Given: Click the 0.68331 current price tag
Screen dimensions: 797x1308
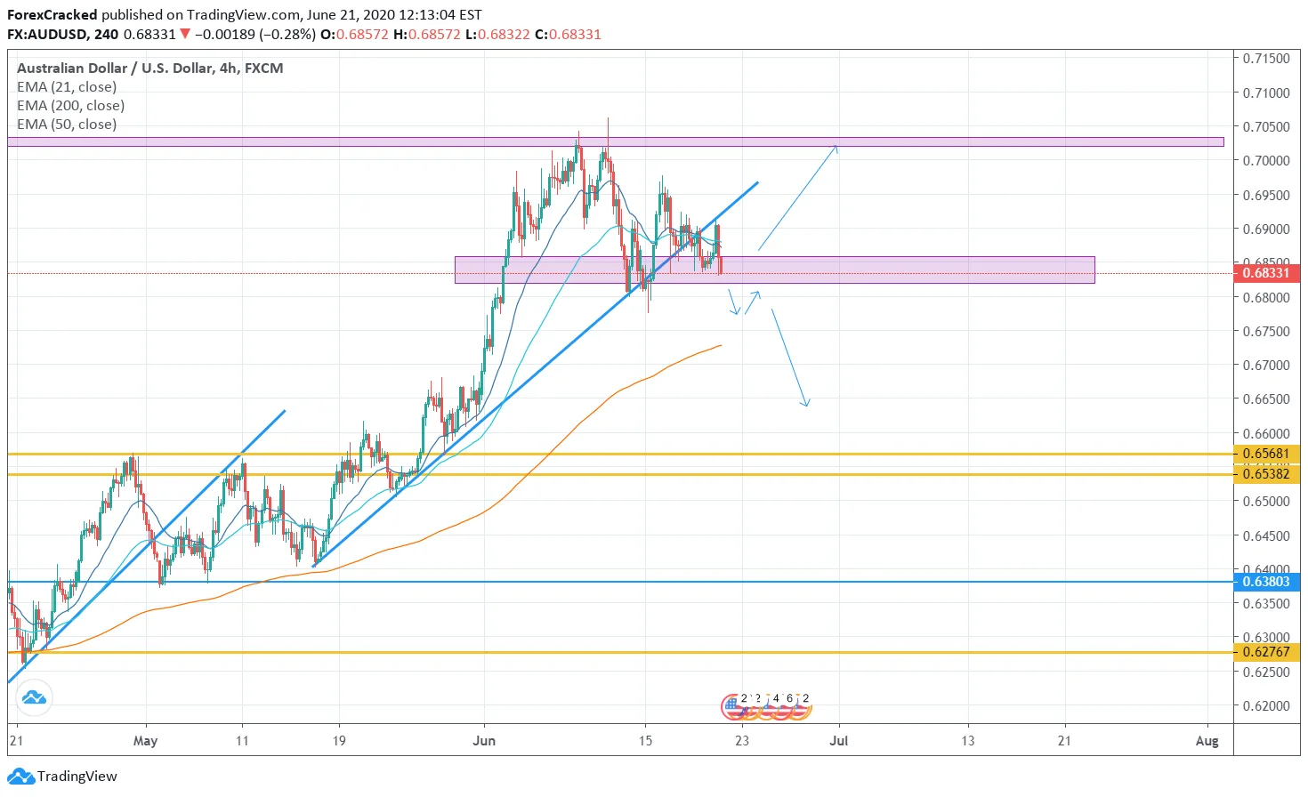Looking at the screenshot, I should coord(1266,273).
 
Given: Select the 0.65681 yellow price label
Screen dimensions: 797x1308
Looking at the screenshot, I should coord(1266,454).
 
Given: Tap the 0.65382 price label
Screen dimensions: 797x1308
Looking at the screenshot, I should coord(1266,474).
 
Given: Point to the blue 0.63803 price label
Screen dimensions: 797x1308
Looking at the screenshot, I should coord(1266,582).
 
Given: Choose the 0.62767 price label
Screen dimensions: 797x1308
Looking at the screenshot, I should coord(1266,652).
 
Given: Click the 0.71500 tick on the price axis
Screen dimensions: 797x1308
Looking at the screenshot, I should coord(1266,59).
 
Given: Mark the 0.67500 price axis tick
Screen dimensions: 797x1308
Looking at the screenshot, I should coord(1266,331).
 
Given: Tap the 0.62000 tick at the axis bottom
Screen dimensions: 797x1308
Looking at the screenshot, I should coord(1266,705).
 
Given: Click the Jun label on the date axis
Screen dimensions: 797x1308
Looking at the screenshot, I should coord(484,740).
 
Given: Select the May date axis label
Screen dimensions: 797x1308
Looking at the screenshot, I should coord(145,740).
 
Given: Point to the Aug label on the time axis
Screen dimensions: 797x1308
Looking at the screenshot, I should coord(1207,740).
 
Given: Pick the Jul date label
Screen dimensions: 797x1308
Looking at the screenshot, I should coord(838,740).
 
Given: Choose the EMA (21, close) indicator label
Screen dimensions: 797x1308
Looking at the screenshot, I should coord(67,87).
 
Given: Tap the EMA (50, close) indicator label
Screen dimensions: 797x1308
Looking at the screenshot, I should coord(67,125).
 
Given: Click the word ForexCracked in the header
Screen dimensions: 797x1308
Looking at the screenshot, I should coord(52,15).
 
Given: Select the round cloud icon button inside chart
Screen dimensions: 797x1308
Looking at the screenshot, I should coord(34,697).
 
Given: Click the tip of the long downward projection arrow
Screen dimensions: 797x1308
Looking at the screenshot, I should coord(806,406).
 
